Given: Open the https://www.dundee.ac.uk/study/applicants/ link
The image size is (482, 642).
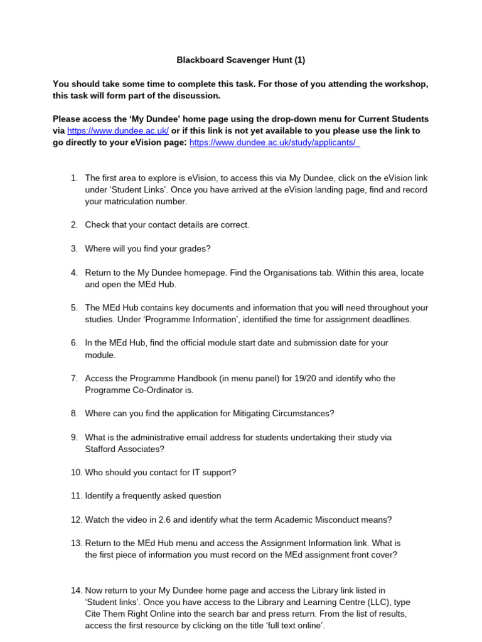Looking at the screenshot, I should (x=275, y=142).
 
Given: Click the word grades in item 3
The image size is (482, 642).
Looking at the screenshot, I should (x=192, y=248).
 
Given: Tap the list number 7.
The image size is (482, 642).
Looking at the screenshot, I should (x=73, y=378).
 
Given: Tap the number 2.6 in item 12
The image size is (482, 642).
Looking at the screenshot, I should (x=161, y=519).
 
